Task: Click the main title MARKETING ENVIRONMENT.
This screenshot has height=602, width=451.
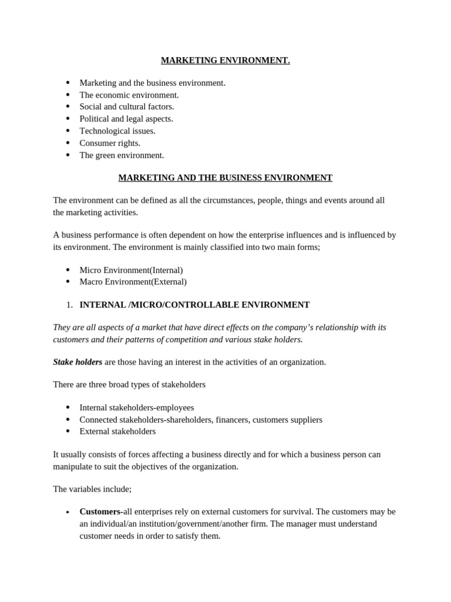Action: point(225,61)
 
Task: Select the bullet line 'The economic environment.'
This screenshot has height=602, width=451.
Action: point(129,95)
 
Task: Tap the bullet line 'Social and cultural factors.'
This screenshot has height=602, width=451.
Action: point(126,106)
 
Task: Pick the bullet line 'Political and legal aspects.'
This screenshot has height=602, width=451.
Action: point(126,119)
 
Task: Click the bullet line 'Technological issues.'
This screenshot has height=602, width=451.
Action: point(117,131)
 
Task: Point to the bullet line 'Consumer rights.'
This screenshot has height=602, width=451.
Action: point(110,143)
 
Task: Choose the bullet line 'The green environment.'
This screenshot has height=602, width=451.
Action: point(122,155)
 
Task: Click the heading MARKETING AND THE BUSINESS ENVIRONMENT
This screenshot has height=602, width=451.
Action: point(225,178)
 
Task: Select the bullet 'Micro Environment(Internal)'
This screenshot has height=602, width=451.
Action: point(131,270)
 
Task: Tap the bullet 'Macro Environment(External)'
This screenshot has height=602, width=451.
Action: point(133,282)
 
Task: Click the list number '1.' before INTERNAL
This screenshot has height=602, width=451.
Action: point(69,305)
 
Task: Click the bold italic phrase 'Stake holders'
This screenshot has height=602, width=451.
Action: point(78,362)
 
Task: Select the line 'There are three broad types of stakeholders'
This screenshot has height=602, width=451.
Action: point(129,384)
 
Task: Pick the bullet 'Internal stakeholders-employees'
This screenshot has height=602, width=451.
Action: point(136,407)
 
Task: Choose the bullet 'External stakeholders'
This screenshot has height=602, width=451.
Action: point(117,431)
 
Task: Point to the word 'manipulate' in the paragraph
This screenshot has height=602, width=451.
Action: point(73,466)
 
